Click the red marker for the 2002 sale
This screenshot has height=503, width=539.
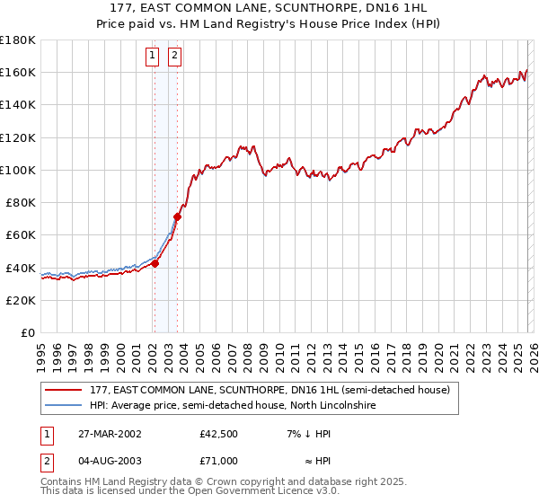155,263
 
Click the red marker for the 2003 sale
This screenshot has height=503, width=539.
178,216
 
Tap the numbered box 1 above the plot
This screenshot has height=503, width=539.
153,57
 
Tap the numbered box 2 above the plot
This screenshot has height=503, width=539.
174,57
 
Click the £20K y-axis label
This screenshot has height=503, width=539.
21,300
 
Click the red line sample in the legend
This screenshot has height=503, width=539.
65,390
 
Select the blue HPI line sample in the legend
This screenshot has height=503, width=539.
65,406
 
